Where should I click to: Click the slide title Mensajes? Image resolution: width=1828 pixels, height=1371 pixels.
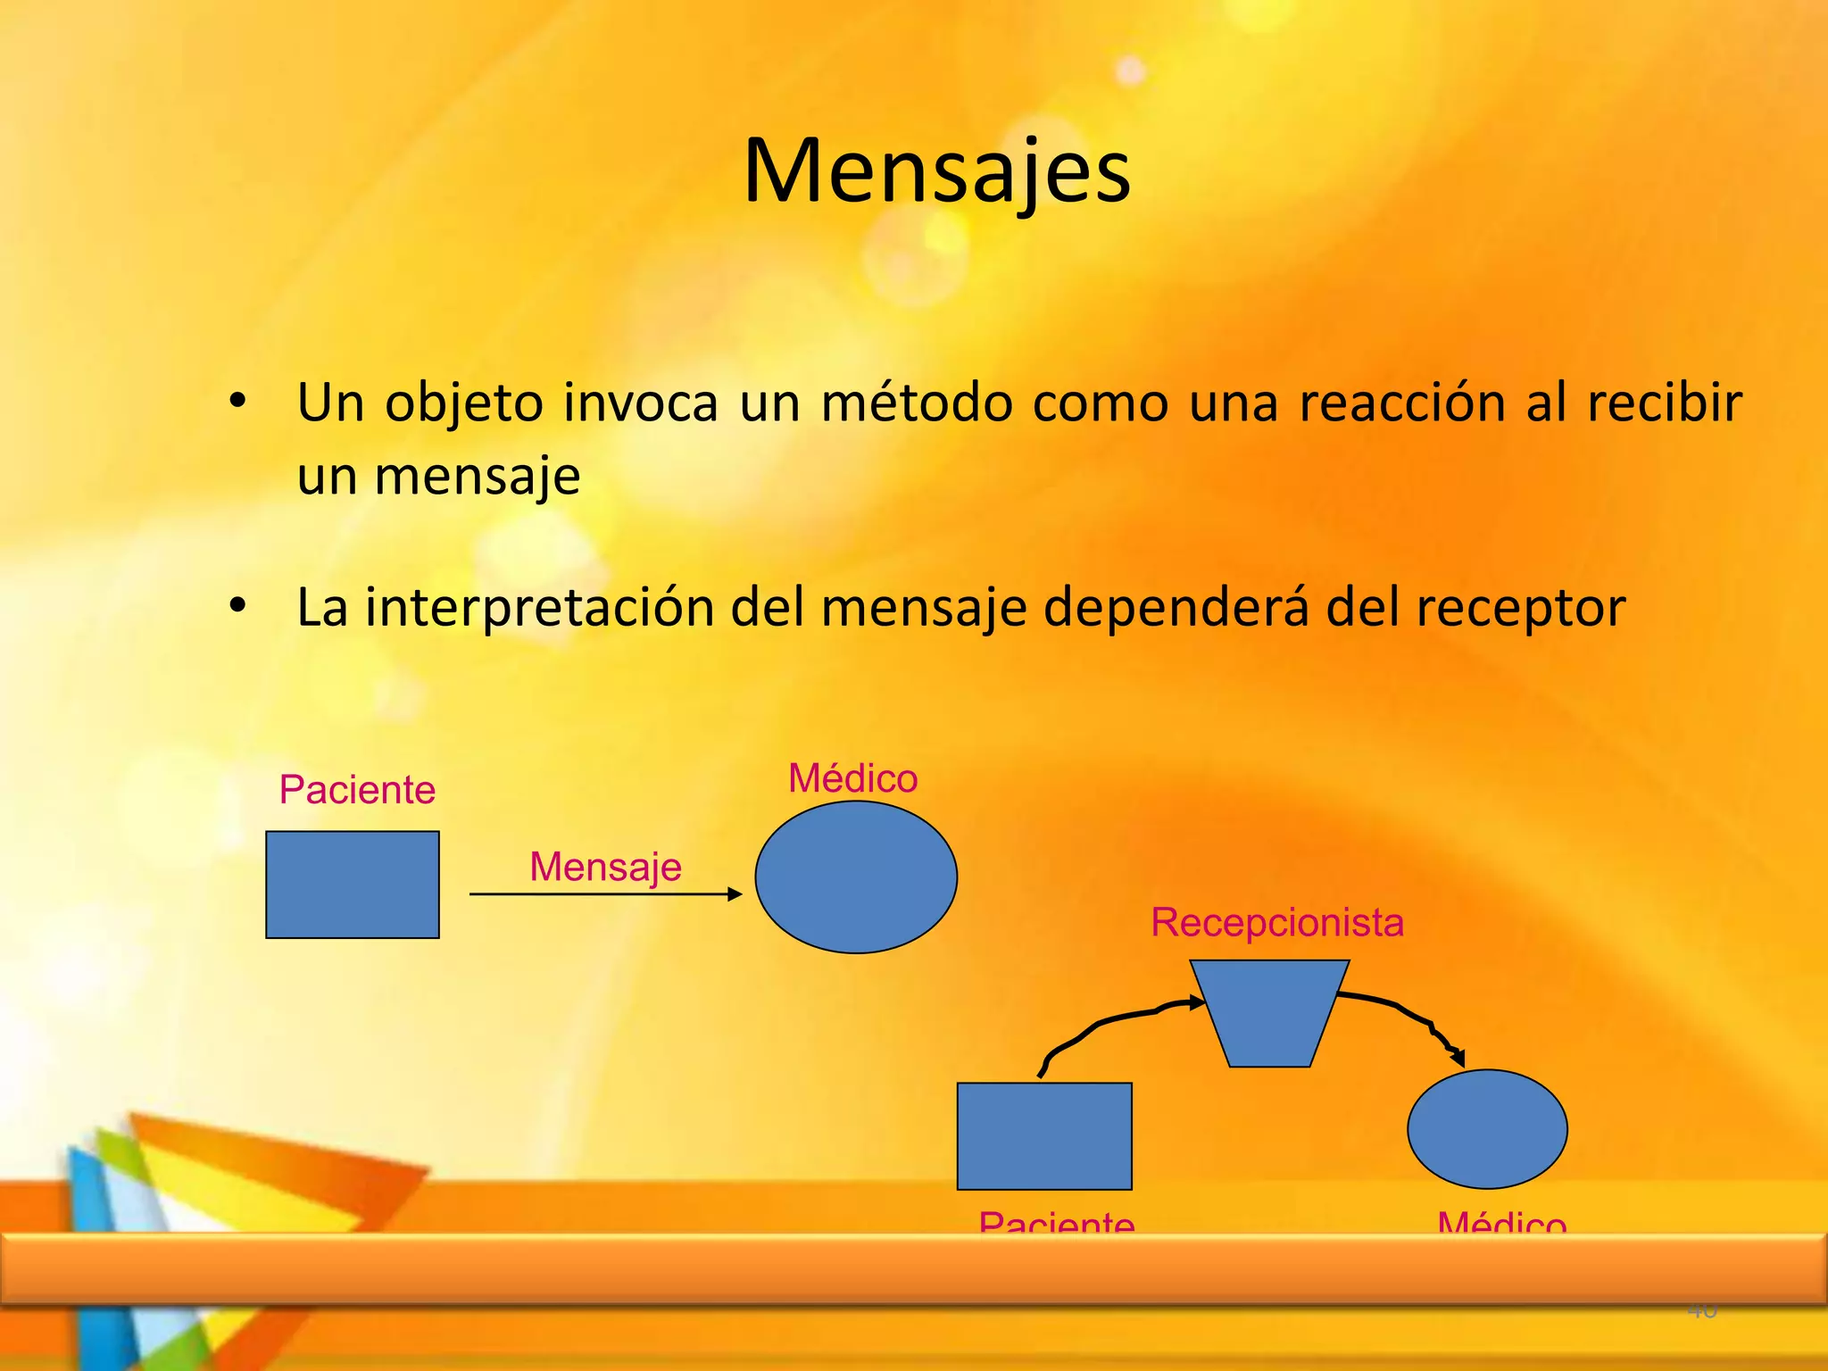pos(936,171)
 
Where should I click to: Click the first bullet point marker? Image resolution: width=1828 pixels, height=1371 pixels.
pos(237,402)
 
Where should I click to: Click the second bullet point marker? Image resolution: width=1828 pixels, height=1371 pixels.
pos(237,606)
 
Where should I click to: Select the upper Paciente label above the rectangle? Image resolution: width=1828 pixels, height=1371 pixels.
pos(357,790)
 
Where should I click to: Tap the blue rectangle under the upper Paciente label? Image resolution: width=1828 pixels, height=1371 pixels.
pos(353,885)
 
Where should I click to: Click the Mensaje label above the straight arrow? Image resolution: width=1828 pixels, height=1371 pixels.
pos(605,867)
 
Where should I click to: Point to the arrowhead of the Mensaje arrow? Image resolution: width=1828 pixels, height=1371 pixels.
pos(735,894)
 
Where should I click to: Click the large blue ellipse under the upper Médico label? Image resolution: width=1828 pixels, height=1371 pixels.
pos(856,877)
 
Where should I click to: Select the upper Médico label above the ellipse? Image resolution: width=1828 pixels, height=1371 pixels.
pos(852,778)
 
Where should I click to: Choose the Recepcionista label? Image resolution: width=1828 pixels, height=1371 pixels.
pos(1277,922)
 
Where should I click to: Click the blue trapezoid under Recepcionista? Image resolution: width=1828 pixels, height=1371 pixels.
pos(1269,1010)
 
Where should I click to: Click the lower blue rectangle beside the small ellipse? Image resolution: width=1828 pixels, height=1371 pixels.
pos(1044,1135)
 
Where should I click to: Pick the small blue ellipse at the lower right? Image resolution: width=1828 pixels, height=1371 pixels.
pos(1487,1129)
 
